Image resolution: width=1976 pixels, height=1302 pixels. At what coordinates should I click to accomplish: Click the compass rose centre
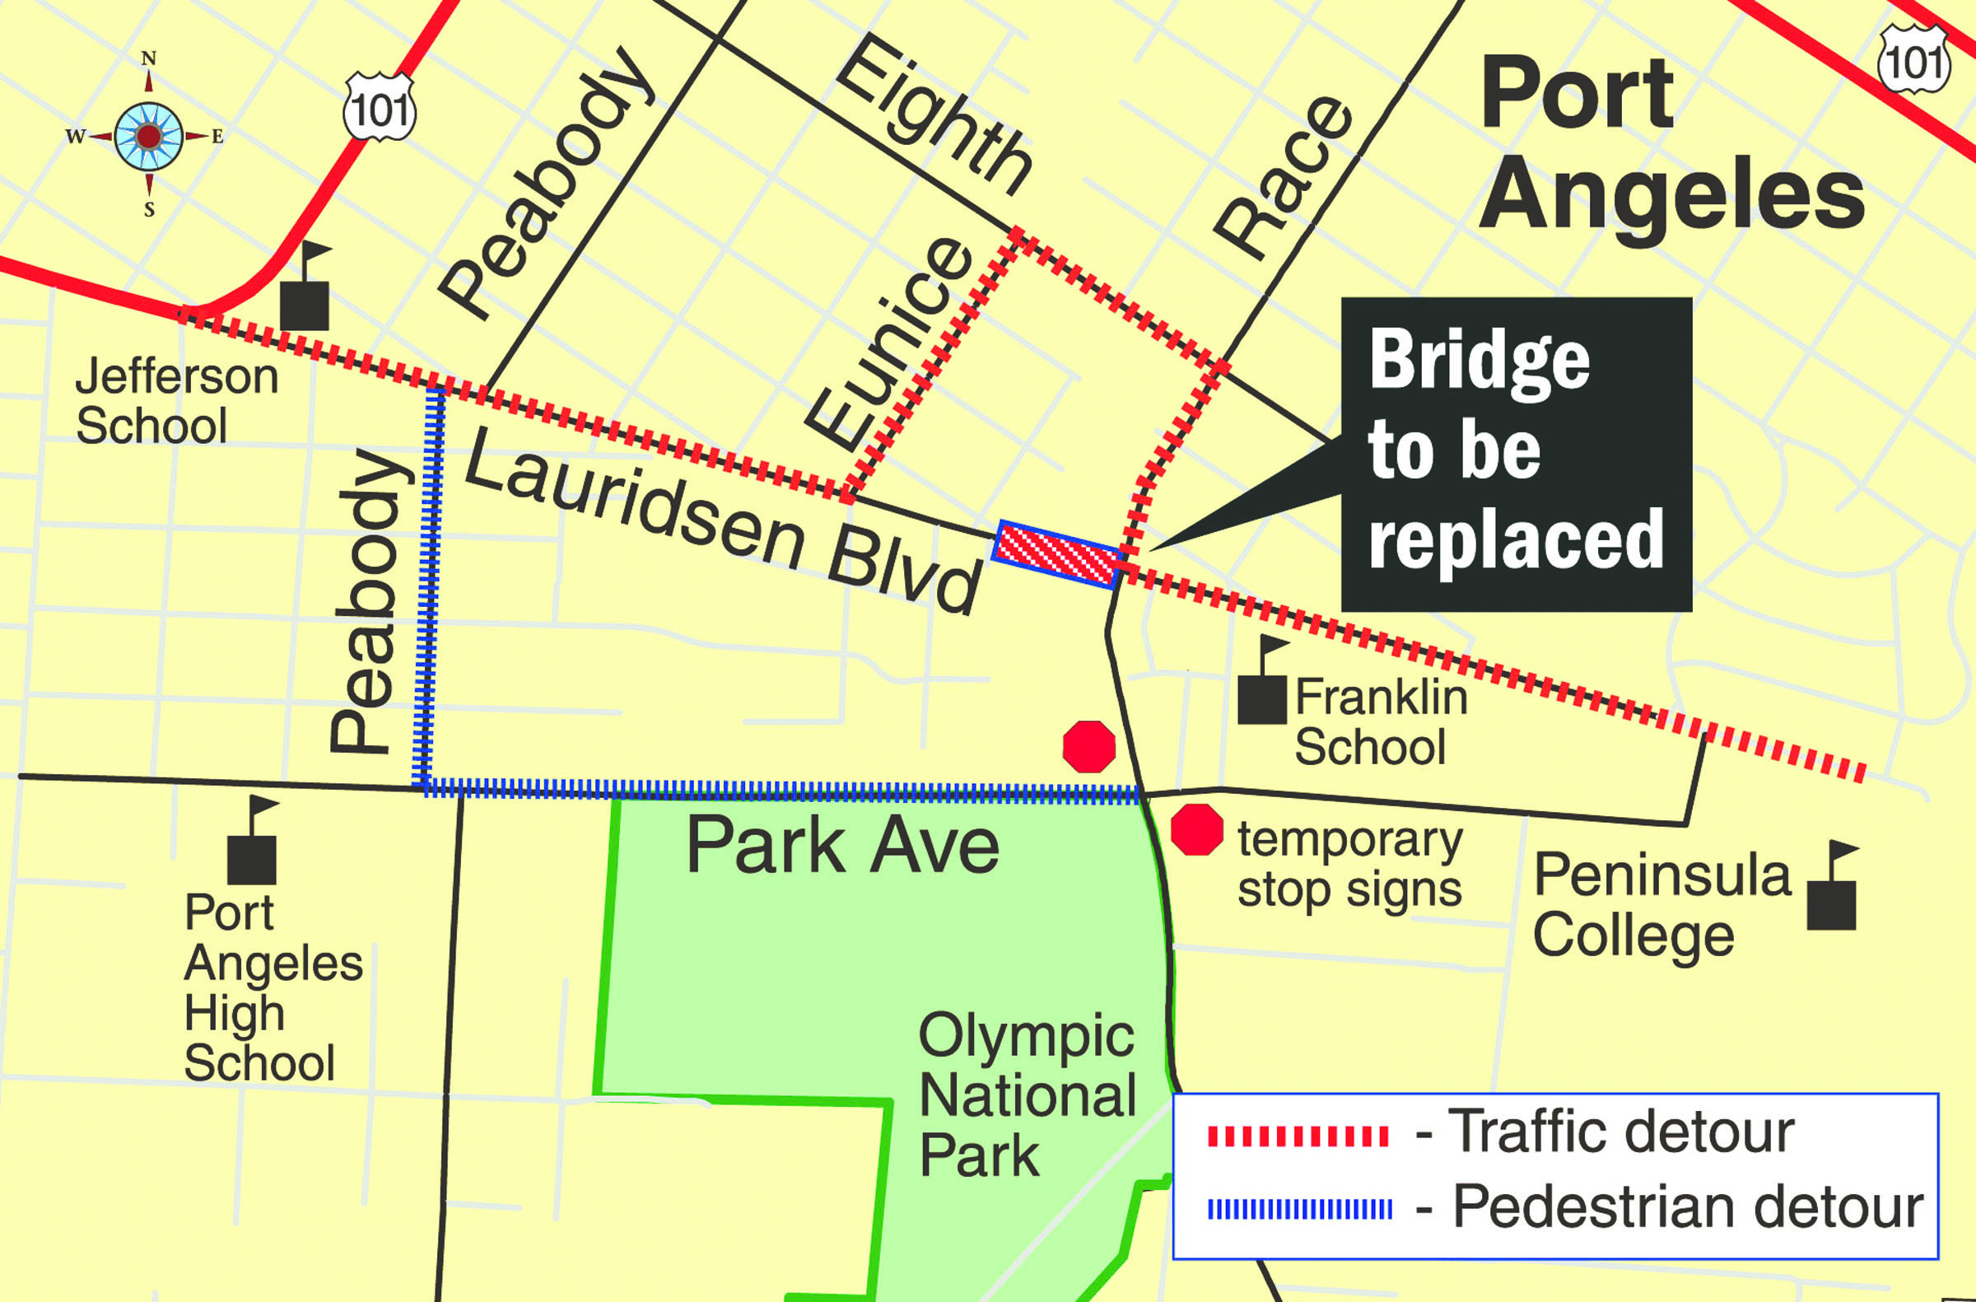point(149,136)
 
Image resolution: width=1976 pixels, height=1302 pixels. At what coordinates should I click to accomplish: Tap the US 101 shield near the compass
point(380,107)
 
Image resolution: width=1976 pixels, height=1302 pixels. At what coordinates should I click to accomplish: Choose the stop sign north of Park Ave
point(1088,747)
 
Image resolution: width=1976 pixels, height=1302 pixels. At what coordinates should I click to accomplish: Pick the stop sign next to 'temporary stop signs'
point(1196,829)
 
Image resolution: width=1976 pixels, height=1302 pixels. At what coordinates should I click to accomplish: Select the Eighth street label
point(934,116)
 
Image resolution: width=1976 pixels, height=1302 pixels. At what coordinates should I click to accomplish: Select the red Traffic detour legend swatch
point(1297,1136)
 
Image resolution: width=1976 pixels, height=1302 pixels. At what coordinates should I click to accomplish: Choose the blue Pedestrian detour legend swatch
point(1299,1209)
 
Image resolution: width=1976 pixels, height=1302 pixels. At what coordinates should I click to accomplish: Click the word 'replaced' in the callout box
point(1516,540)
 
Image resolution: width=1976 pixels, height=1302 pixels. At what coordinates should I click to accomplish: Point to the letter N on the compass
point(149,58)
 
